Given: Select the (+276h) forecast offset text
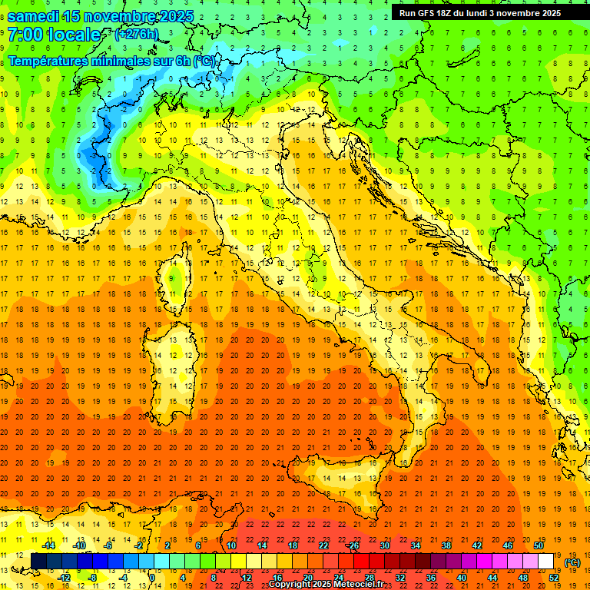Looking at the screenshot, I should [136, 35].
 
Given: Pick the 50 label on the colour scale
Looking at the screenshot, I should [538, 545].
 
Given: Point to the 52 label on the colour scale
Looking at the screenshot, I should [553, 578].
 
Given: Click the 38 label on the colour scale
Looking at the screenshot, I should [446, 545].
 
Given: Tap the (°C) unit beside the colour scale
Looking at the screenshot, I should [572, 562].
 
